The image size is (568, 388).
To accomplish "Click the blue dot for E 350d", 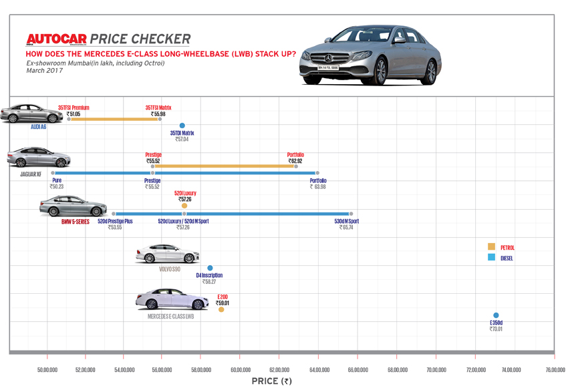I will coord(496,315).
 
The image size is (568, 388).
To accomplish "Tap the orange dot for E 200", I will coord(221,310).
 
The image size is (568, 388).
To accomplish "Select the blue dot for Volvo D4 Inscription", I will coord(210,268).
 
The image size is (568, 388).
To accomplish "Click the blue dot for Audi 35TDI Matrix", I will coord(182,126).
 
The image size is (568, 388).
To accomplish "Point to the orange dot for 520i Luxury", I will coord(184,206).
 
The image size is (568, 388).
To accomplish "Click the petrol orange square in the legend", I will coord(492,247).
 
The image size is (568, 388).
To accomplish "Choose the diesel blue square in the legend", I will coord(492,257).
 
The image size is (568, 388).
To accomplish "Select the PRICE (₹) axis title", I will coord(272,381).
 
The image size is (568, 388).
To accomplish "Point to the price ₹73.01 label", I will coord(496,329).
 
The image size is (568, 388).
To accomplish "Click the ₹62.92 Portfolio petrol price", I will coord(295,161).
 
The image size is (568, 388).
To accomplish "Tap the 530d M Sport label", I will coord(346,221).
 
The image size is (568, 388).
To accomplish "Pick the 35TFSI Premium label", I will coord(74,108).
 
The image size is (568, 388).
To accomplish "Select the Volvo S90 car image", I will coord(167,254).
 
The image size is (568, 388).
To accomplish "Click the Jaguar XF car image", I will coord(39,159).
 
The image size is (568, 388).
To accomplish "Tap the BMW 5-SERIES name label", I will coord(76,221).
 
